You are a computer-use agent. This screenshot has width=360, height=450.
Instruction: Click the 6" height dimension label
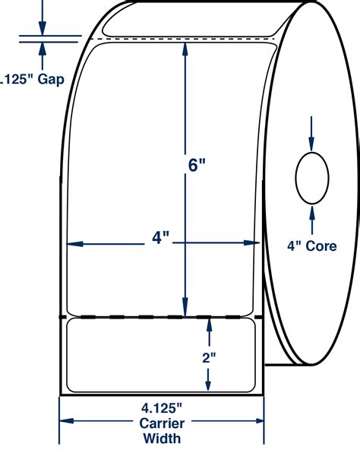point(197,165)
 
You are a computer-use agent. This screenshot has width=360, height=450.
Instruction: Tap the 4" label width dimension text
point(161,238)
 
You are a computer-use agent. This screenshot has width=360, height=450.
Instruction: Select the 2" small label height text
point(209,358)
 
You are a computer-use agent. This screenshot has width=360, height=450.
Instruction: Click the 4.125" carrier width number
point(162,408)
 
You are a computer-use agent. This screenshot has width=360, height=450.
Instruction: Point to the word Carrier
point(162,423)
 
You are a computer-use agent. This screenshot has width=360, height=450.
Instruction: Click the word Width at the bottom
point(162,439)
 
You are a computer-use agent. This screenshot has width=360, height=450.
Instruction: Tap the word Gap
point(51,79)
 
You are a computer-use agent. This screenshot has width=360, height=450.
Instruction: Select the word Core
point(321,246)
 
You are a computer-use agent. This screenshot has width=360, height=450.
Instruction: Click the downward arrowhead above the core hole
point(311,144)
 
